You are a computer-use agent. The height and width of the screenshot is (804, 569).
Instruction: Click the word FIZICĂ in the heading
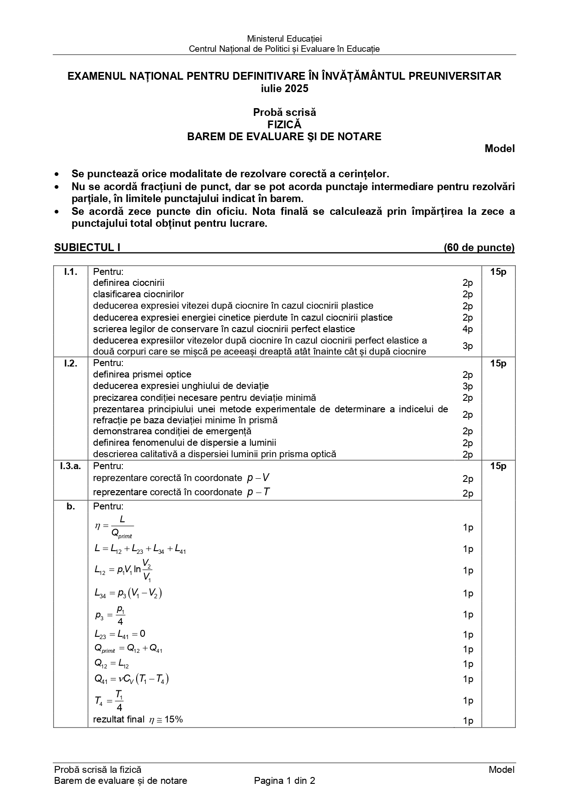[284, 124]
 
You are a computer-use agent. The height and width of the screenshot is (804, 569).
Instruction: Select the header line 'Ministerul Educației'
[284, 39]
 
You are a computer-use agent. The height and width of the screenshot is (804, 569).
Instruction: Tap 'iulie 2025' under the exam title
[284, 88]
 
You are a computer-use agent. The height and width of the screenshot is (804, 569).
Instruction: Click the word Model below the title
[499, 148]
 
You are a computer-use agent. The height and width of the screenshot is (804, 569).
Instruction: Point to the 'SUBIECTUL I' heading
[87, 247]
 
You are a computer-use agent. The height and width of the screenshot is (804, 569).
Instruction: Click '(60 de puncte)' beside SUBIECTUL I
[479, 247]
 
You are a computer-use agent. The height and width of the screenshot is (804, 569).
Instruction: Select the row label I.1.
[71, 272]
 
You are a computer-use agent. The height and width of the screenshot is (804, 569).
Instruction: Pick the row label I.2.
[71, 363]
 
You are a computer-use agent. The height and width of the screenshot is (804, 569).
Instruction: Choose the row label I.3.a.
[70, 466]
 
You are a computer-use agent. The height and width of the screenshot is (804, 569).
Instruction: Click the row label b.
[71, 506]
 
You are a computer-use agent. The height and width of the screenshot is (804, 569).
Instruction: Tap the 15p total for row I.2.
[498, 363]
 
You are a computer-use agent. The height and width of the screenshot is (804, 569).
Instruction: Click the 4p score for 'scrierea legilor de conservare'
[468, 329]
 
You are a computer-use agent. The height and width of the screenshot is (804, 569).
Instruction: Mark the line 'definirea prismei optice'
[142, 374]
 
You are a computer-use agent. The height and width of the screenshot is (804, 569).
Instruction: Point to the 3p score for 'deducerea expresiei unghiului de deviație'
[468, 386]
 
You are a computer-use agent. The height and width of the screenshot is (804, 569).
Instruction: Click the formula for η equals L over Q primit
[114, 527]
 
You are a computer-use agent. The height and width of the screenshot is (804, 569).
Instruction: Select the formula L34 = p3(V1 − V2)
[128, 593]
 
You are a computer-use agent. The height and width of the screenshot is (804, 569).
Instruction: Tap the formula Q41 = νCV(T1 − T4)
[132, 678]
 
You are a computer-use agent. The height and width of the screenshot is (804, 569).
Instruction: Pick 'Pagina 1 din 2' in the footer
[284, 781]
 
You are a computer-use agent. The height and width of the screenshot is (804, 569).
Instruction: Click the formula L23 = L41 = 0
[120, 634]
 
